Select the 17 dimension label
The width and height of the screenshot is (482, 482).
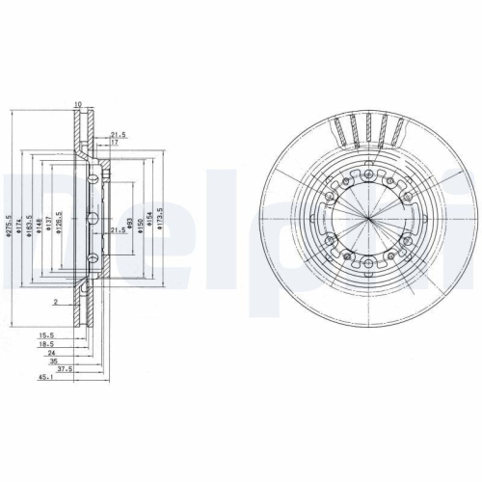(115, 143)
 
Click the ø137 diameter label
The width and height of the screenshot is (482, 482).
(50, 225)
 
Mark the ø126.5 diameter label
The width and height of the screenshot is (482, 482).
(60, 224)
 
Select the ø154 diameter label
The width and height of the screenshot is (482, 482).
(149, 225)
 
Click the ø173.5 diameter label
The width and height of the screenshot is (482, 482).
(160, 225)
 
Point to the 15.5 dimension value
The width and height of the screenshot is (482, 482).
(45, 334)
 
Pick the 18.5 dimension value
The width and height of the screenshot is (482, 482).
(45, 343)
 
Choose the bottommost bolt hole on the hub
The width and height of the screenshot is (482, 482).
(370, 262)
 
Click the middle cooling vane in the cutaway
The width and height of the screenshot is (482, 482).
(370, 129)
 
